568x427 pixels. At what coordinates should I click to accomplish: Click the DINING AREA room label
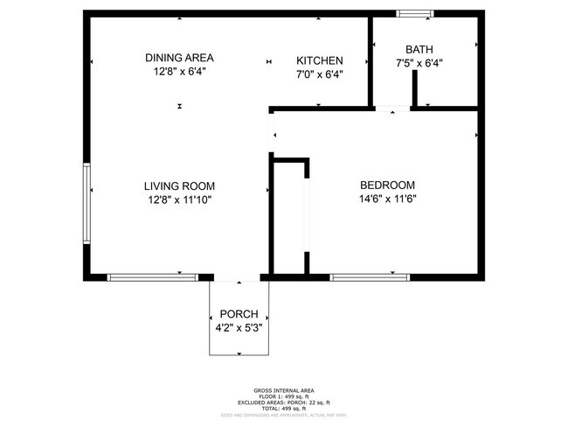coord(179,59)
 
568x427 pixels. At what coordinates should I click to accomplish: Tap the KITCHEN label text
coord(319,60)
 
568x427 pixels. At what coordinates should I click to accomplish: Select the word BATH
coord(419,49)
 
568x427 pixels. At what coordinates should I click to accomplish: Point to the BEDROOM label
coord(387,185)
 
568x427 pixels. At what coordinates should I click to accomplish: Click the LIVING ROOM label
coord(179,185)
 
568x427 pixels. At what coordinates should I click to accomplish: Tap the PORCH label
coord(239,314)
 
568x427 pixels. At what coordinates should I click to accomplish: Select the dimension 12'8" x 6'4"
coord(179,73)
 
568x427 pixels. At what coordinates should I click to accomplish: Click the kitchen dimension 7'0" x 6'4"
coord(319,74)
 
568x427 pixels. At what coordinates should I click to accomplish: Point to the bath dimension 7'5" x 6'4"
coord(419,63)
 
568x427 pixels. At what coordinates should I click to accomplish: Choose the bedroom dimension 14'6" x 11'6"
coord(387,199)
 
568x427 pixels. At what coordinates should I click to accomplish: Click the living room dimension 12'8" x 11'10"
coord(179,199)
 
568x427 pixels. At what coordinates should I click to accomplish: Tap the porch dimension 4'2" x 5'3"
coord(239,328)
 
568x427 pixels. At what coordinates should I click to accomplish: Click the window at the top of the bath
coord(414,13)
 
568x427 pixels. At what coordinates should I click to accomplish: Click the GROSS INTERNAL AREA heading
coord(284,389)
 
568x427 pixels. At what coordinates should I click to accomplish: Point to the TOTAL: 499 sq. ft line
coord(284,408)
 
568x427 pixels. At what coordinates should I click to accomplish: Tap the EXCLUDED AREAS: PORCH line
coord(284,402)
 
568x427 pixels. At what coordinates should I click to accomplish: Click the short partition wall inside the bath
coord(414,88)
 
